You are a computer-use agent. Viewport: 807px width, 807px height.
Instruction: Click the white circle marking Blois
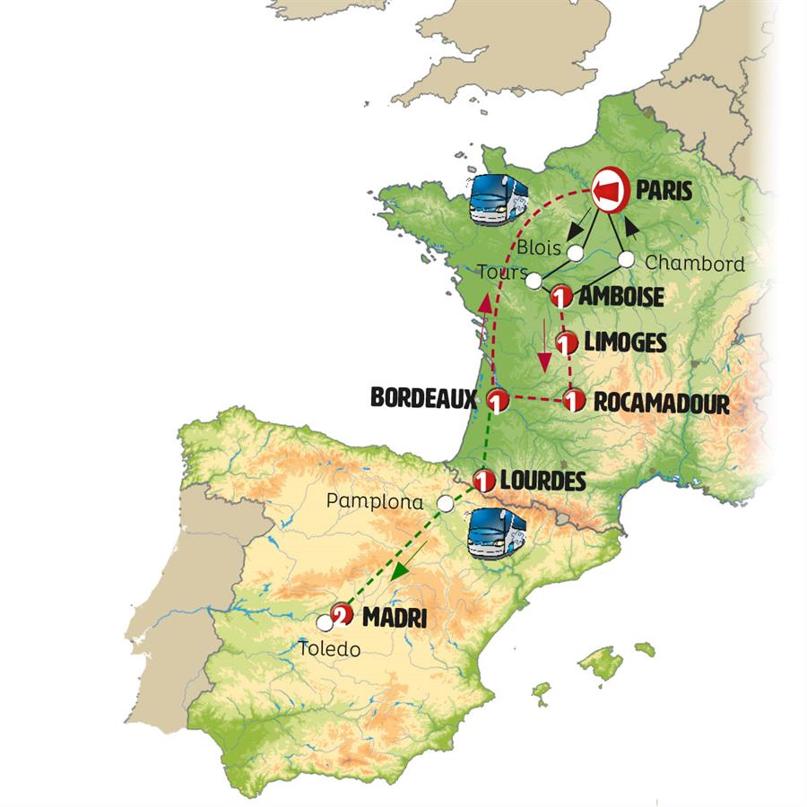pos(575,252)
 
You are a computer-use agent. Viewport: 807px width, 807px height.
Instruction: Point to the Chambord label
pos(695,264)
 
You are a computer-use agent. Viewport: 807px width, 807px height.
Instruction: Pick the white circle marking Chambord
pos(627,259)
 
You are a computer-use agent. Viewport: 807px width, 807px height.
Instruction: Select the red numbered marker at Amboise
pos(562,296)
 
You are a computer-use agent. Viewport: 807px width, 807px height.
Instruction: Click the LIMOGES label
pos(625,343)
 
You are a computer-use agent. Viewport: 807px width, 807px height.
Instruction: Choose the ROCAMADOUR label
pos(662,403)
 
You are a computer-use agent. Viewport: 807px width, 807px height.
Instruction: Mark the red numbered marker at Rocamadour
pos(574,402)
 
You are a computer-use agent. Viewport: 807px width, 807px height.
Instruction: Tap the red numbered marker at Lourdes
pos(485,482)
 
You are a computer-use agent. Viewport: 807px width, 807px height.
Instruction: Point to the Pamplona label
pos(376,503)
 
